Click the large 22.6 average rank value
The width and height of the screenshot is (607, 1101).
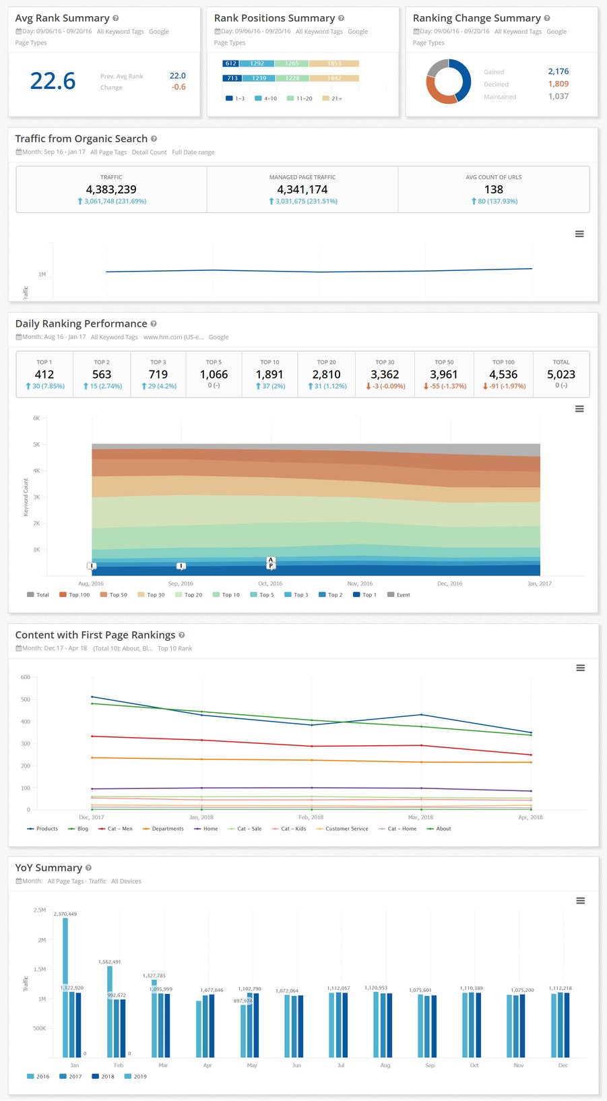pos(53,81)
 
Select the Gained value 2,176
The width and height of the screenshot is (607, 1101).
pos(558,71)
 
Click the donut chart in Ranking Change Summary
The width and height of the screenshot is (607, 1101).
pos(448,82)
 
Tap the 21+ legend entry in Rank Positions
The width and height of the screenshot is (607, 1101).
pos(333,98)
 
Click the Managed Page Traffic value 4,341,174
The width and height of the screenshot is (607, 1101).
pos(302,189)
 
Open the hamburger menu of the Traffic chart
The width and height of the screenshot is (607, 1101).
pos(579,234)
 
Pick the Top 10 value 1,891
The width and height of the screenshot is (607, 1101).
pos(269,375)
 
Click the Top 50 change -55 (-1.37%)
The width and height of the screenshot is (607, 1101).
pos(444,386)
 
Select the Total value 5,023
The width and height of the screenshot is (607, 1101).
pos(561,375)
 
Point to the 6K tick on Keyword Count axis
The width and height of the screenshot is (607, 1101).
pos(36,418)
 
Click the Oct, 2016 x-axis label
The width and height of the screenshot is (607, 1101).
pos(270,584)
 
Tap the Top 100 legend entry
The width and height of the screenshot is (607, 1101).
pos(75,595)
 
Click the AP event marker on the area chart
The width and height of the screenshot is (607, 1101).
pos(271,563)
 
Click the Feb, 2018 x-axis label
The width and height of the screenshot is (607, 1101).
pos(311,817)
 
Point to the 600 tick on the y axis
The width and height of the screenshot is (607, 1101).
pos(26,677)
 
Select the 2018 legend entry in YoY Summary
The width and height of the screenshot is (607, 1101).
pos(103,1076)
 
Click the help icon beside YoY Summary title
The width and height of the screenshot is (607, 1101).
pos(88,868)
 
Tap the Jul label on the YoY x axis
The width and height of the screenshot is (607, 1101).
pos(341,1065)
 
